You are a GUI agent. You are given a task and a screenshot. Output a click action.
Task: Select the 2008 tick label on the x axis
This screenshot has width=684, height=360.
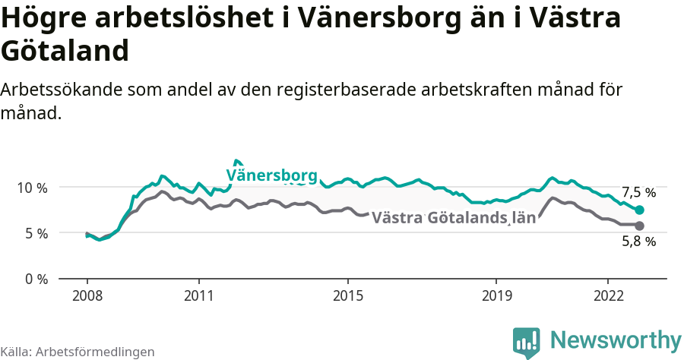click(87, 295)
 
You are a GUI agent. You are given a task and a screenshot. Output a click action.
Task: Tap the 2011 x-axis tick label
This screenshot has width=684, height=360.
click(198, 295)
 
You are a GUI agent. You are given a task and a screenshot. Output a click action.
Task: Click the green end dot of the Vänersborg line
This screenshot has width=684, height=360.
click(639, 210)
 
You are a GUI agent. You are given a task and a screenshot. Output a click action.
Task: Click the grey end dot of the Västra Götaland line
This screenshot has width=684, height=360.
click(639, 226)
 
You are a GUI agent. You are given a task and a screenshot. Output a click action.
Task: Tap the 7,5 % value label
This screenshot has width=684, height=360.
click(638, 192)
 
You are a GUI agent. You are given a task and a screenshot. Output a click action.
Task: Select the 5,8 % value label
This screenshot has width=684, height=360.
click(638, 242)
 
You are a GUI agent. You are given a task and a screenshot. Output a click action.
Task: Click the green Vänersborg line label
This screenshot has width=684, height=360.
click(271, 176)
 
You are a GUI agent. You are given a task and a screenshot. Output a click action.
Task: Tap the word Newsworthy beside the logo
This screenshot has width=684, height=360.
click(616, 339)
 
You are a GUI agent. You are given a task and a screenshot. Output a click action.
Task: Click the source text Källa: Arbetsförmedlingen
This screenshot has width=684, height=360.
click(78, 352)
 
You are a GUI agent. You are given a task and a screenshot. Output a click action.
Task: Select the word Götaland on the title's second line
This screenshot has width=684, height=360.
click(64, 52)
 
